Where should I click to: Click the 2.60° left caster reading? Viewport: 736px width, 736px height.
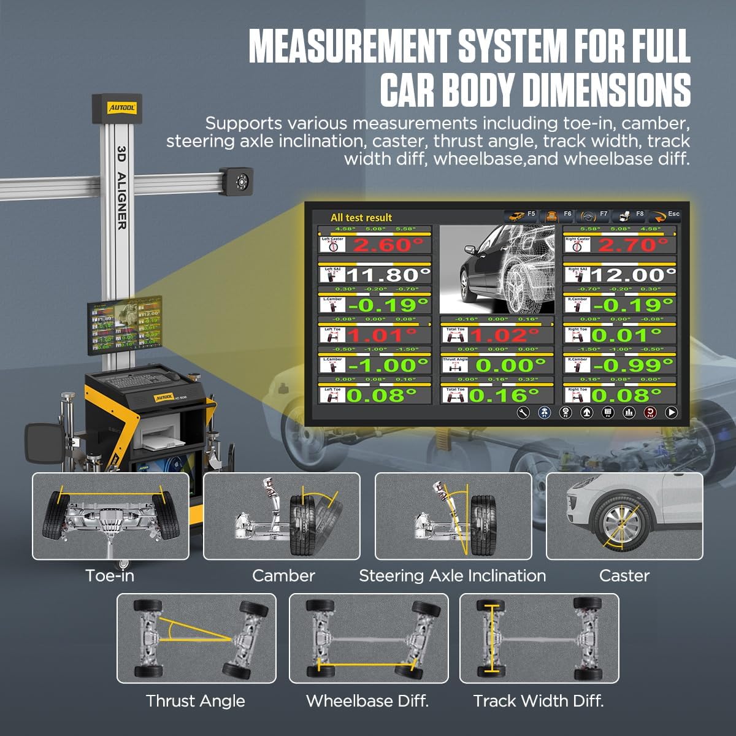pos(388,245)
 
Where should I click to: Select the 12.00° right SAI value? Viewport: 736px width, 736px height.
pos(633,275)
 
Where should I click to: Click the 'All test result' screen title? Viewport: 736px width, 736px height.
pos(361,218)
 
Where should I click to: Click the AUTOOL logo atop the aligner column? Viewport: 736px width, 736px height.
pos(122,108)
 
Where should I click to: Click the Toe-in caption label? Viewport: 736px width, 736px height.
pos(110,575)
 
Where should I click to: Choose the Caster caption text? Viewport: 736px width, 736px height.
pos(624,575)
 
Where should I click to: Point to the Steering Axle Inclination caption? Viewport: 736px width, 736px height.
pos(452,575)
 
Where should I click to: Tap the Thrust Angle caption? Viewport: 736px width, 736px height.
pos(195,700)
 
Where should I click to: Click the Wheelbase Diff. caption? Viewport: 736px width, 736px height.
pos(367,700)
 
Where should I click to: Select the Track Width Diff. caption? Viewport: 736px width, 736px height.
pos(539,700)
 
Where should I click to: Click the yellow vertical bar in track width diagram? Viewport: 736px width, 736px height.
pos(490,638)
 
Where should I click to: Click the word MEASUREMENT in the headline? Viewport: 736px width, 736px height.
pos(349,46)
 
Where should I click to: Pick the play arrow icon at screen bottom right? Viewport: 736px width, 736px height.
pos(672,413)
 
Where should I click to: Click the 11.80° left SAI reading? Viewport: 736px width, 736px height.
pos(388,275)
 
